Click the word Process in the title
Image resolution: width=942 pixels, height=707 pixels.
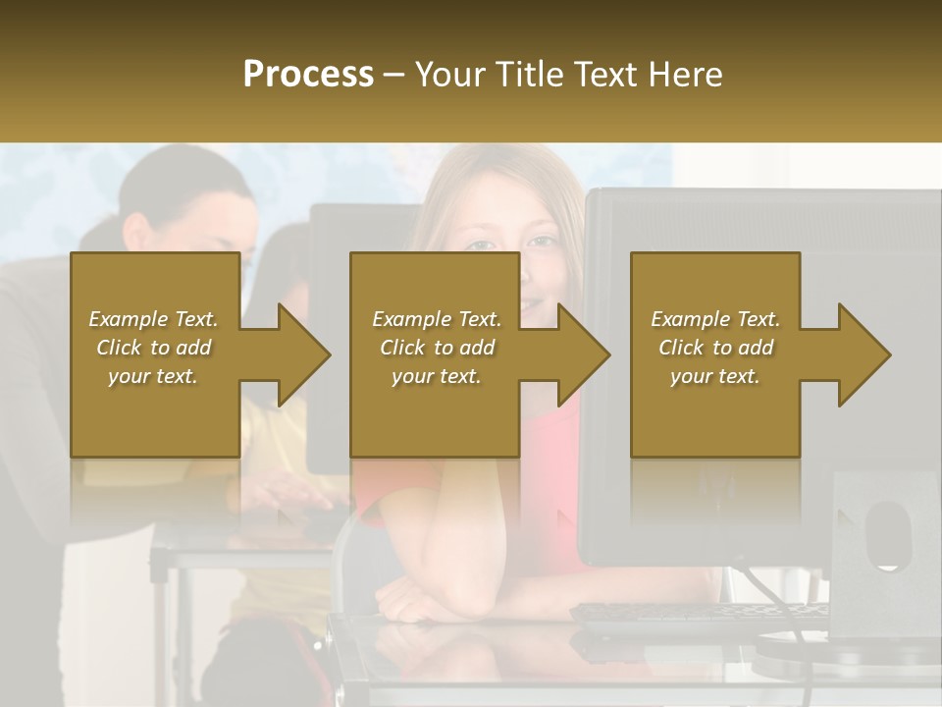click(x=308, y=75)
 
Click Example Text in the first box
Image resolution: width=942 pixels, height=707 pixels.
click(x=153, y=319)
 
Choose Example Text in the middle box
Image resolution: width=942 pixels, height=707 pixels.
click(x=437, y=319)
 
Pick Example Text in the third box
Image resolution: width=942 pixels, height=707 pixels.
click(x=715, y=319)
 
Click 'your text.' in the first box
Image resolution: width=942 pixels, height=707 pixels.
click(x=153, y=376)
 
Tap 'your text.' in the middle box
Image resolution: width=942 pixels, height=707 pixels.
click(x=437, y=376)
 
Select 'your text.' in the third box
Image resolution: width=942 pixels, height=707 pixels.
click(x=715, y=376)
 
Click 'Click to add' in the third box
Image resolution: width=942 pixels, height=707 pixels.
click(x=715, y=348)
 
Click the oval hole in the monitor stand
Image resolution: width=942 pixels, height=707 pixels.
click(x=887, y=534)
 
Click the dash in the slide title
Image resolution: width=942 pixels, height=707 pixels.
click(x=393, y=76)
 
